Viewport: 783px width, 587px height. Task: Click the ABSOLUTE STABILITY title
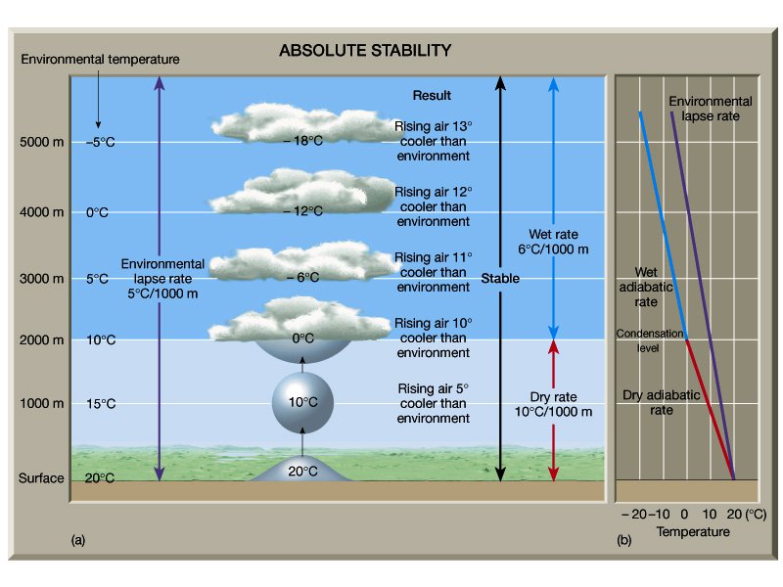point(365,50)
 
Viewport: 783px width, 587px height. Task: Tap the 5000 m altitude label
point(41,143)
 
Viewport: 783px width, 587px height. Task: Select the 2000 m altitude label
point(41,340)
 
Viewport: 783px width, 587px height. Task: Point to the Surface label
point(41,478)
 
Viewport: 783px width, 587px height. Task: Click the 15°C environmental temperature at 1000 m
point(97,404)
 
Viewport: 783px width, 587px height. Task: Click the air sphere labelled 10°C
point(302,401)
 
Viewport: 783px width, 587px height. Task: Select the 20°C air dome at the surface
point(301,470)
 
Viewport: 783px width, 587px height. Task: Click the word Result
point(432,96)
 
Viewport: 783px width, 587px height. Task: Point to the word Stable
point(500,280)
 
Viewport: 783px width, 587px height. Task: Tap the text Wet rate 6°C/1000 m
point(553,242)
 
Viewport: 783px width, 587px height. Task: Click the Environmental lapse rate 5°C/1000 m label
point(162,278)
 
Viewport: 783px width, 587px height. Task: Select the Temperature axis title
point(693,531)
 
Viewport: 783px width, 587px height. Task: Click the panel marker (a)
point(79,539)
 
